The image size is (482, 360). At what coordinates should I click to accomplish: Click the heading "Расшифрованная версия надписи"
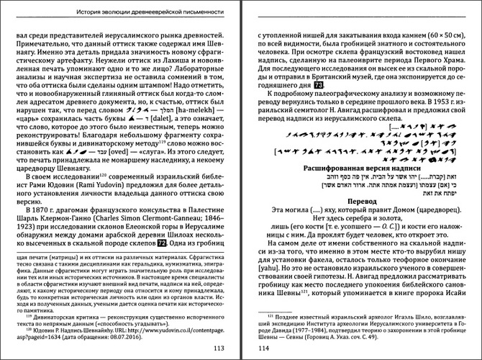[363, 168]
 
